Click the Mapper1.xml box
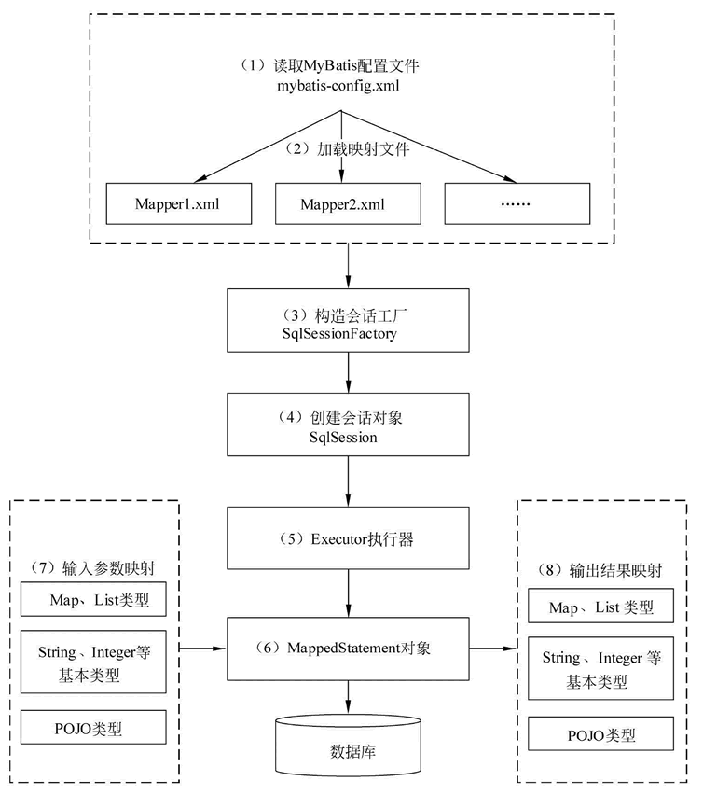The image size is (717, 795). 179,203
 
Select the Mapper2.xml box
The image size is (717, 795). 348,203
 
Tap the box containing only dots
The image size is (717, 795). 517,203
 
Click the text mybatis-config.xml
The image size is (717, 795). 338,85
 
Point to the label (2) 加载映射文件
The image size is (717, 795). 347,149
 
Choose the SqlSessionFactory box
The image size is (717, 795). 348,320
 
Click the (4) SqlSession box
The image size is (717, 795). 348,425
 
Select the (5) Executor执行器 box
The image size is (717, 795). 348,538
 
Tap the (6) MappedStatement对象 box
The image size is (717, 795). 348,649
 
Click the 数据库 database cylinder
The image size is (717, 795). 348,746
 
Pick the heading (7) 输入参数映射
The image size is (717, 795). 92,568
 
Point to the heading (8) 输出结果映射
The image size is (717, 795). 600,570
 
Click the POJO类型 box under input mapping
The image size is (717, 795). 93,727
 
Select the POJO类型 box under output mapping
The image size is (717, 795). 601,733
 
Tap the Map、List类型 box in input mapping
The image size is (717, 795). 93,599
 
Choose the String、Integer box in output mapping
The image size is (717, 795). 601,668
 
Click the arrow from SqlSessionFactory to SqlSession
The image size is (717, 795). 348,372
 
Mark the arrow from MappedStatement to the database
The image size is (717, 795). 348,697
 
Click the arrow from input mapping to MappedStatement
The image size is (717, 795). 202,648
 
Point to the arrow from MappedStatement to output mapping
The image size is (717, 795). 493,648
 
